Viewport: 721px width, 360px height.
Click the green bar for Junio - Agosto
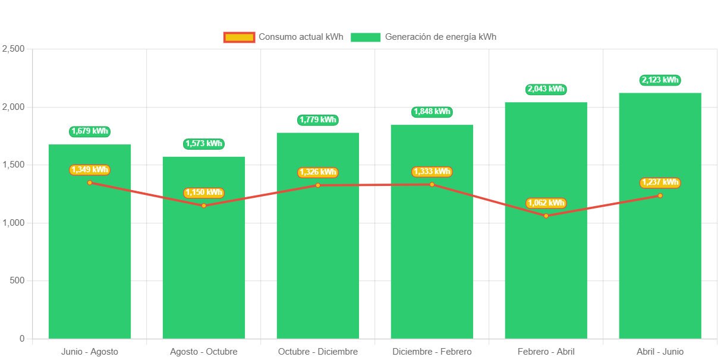click(90, 261)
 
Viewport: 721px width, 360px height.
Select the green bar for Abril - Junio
click(660, 267)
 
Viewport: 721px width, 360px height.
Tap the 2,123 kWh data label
click(660, 80)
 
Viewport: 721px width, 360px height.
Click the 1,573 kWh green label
click(204, 144)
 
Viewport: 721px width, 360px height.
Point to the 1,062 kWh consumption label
click(546, 203)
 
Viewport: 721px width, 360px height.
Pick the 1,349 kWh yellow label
click(90, 170)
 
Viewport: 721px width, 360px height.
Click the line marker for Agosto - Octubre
click(204, 206)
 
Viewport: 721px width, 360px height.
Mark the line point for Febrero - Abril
click(546, 216)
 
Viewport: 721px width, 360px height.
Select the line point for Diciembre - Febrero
click(432, 184)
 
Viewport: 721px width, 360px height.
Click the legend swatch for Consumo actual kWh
click(239, 37)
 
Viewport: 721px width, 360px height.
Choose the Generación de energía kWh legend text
click(440, 37)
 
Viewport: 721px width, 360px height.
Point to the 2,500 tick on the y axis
click(14, 49)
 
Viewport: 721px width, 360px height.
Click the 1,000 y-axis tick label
click(14, 223)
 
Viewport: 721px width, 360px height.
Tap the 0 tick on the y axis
click(22, 339)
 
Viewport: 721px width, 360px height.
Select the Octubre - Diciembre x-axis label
click(318, 352)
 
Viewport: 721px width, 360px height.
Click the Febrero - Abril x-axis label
click(546, 352)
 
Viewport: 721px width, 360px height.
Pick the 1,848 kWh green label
click(432, 112)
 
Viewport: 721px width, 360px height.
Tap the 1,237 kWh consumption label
click(660, 182)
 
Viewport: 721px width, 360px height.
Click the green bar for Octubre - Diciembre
click(318, 267)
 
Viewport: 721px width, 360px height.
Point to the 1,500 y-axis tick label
click(14, 165)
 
